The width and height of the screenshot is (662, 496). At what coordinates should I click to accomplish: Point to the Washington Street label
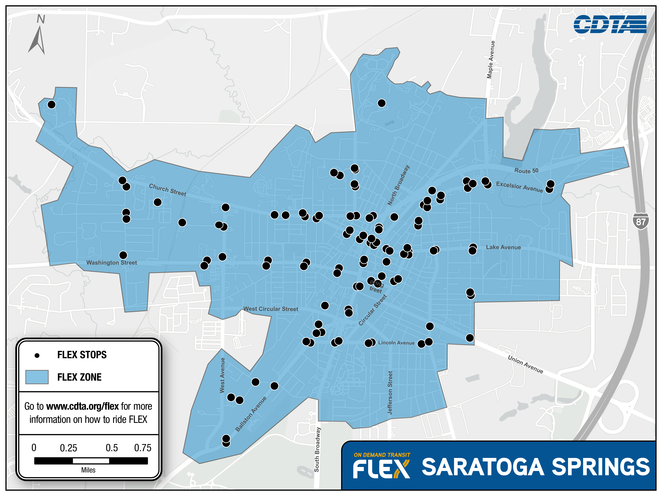pos(112,263)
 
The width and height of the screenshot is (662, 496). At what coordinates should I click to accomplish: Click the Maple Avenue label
pos(491,60)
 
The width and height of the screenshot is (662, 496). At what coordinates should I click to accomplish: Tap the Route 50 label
pos(526,171)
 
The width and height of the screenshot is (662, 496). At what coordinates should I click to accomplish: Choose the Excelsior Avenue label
pos(519,187)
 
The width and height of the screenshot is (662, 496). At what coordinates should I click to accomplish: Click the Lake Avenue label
pos(503,247)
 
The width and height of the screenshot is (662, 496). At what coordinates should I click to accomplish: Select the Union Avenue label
pos(525,364)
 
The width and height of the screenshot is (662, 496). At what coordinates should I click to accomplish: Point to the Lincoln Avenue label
pos(396,343)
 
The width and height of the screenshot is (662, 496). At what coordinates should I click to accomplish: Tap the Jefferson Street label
pos(390,393)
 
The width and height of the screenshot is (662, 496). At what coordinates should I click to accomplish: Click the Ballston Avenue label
pos(251,414)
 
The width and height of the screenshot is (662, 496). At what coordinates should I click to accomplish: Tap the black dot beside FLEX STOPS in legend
pos(37,355)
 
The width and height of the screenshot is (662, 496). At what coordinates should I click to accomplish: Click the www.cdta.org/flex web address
pos(83,406)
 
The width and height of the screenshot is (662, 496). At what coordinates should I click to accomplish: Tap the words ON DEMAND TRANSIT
pos(382,455)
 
